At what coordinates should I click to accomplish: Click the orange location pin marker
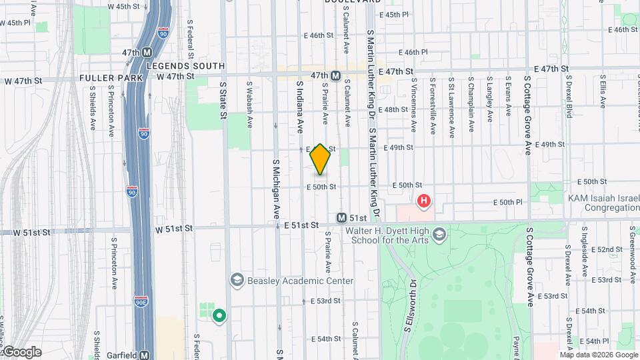point(321,159)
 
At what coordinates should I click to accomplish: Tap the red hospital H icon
point(423,201)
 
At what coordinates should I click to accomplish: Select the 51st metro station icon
point(341,218)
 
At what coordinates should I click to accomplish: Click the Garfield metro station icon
point(144,355)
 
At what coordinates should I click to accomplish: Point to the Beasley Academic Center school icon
point(237,280)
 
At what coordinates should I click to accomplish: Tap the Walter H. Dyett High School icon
point(439,234)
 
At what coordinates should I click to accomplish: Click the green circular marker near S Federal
point(218,315)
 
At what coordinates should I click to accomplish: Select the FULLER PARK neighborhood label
point(111,78)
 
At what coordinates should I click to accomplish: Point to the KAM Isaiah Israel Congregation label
point(602,203)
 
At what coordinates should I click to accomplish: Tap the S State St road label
point(223,101)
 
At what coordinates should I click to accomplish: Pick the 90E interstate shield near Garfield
point(141,301)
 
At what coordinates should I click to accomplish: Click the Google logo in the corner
point(21,352)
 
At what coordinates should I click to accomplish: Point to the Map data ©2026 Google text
point(599,355)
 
